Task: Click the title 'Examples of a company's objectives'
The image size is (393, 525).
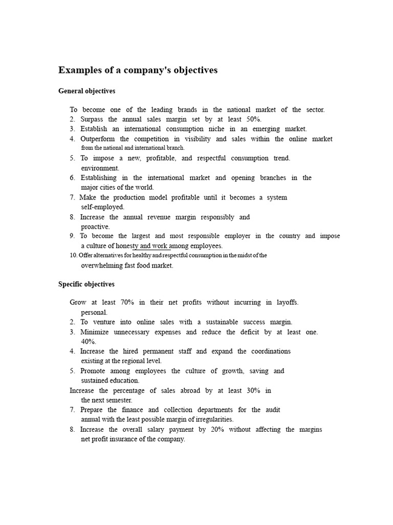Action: pos(138,70)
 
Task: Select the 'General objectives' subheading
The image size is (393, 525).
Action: pos(87,91)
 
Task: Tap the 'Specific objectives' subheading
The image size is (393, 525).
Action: pos(86,284)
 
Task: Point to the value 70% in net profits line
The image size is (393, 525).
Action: pos(125,302)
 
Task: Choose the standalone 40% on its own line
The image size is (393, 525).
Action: pos(89,341)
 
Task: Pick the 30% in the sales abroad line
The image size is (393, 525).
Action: pos(252,391)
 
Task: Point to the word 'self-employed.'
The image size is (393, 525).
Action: pos(102,207)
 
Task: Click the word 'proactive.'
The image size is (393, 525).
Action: pos(96,227)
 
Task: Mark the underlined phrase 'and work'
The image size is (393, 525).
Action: pos(158,246)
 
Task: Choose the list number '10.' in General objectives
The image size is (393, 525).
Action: pos(73,255)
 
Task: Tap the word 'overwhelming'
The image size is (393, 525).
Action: pos(102,266)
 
